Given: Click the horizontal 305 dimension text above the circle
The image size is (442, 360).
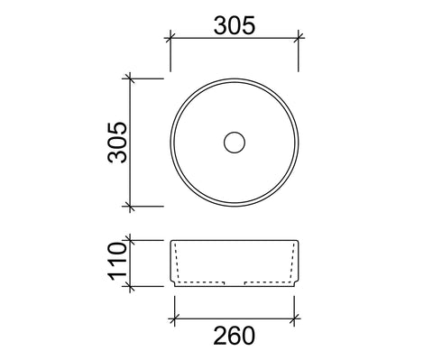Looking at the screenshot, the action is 235,25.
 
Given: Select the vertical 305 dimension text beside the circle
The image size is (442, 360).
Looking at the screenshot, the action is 117,143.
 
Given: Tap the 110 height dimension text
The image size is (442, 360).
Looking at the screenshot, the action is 117,261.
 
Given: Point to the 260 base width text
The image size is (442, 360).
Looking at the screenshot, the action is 235,336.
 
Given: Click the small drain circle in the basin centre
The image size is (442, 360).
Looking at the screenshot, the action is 235,143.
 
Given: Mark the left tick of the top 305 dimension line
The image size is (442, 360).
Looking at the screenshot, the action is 170,38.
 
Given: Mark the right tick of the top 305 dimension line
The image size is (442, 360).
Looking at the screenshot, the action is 299,38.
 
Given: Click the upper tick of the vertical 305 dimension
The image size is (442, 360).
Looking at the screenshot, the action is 130,78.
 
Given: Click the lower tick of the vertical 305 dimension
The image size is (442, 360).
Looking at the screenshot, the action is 130,207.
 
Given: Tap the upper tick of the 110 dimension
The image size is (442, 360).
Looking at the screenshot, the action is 130,240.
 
